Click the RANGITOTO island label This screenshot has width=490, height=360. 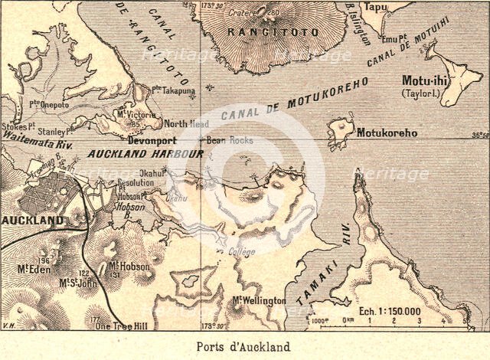click(x=257, y=32)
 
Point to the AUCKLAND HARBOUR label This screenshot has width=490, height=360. click(x=145, y=154)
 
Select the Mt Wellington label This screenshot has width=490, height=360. click(x=260, y=300)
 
